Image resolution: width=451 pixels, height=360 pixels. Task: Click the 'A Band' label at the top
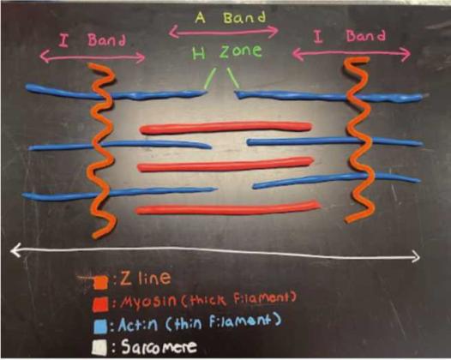pos(230,18)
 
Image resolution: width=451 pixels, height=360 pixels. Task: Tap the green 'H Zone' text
pos(227,51)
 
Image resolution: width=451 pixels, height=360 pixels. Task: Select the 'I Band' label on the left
pos(92,40)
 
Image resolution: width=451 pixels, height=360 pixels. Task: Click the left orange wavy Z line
pos(101,149)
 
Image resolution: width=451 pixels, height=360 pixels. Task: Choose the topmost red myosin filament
pos(225,128)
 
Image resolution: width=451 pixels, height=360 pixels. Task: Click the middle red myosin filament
pos(225,165)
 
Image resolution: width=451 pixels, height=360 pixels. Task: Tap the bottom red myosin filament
pos(227,208)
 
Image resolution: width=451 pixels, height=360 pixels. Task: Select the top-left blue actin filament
pos(115,93)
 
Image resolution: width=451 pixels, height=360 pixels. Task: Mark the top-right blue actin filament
pos(331,96)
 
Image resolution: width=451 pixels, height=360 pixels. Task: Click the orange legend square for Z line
pos(100,282)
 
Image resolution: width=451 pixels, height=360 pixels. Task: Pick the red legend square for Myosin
pos(100,304)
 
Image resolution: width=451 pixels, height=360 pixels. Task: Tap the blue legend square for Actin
pos(100,327)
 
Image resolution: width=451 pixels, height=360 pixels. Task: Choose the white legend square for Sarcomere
pos(99,347)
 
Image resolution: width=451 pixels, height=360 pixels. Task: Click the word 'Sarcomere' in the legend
pos(159,346)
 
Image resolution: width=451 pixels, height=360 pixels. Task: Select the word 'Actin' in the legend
pos(137,325)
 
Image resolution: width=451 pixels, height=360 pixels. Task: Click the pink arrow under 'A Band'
pos(224,32)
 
